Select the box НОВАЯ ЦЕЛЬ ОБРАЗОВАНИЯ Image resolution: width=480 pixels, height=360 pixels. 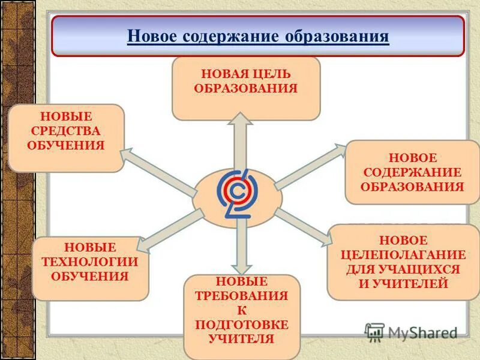point(245,88)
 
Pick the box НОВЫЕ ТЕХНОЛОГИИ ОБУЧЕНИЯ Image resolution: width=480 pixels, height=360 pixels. point(90,268)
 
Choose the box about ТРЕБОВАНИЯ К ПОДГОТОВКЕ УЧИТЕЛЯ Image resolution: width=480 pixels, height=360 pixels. point(241,316)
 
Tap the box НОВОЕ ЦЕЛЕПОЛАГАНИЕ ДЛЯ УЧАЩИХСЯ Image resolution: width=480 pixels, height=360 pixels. point(403,262)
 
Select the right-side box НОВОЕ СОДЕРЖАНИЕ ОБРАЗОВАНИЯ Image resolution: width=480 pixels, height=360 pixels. point(412,172)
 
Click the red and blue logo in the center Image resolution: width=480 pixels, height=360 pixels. point(237,194)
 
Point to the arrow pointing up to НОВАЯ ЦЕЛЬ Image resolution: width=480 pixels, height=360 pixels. point(240,141)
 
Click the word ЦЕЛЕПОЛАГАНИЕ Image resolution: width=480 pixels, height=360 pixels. point(403,254)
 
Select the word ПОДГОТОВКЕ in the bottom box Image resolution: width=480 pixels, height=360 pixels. point(241,325)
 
